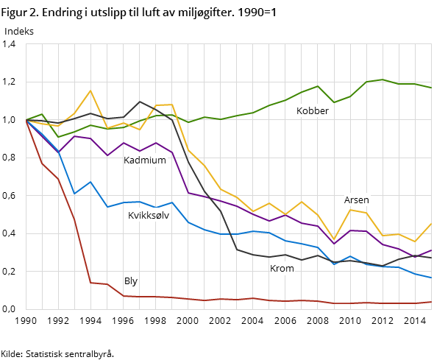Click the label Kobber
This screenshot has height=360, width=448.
tap(312, 111)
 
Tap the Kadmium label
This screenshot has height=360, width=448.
tap(144, 160)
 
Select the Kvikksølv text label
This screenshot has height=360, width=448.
tap(148, 216)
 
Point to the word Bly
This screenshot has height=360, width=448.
tap(131, 281)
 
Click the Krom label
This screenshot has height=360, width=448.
tap(282, 269)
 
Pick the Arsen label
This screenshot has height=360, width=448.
tap(356, 200)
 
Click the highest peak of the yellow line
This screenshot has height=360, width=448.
tap(90, 91)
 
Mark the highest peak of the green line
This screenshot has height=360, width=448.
tap(383, 80)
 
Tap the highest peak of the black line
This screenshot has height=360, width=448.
tap(140, 102)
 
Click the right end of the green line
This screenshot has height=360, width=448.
tap(432, 88)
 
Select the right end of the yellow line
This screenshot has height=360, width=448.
tap(432, 223)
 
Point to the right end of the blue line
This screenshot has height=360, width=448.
tap(432, 278)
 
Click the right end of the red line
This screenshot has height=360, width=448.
tap(432, 302)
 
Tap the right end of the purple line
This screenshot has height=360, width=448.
tap(432, 250)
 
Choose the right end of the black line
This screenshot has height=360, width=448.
tap(432, 258)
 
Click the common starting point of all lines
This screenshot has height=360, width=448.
tap(26, 120)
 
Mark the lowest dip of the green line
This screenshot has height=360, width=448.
tap(58, 137)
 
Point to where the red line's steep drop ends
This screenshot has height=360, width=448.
tap(90, 283)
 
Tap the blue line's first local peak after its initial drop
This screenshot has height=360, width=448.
tap(90, 182)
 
